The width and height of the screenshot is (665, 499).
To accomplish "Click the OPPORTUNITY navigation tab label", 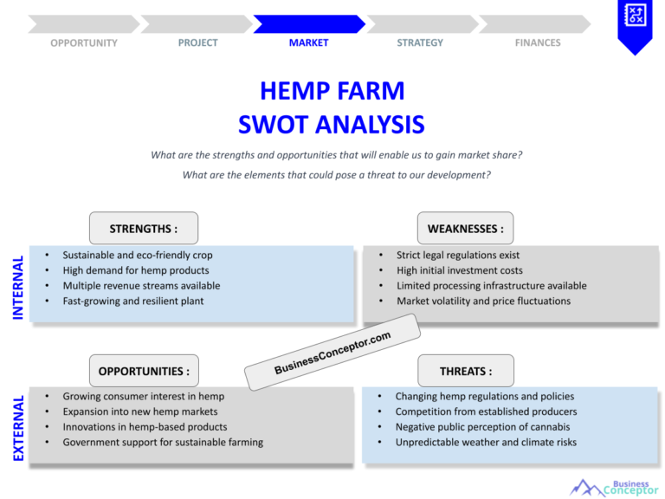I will (x=84, y=42).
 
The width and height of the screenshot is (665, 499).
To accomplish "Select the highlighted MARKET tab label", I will (x=308, y=42).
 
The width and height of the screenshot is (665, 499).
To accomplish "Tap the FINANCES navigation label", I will (x=538, y=42).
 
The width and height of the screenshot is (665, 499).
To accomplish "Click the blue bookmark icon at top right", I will (x=635, y=23).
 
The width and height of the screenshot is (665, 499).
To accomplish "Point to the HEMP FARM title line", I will (x=332, y=91).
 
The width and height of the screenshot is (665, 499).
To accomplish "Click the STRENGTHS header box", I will (x=144, y=229).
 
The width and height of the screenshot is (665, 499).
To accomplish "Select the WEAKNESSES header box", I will (x=465, y=229).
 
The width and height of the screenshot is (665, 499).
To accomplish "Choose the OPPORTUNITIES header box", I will (x=144, y=371).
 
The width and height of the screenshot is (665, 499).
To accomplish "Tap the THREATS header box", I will (x=465, y=371).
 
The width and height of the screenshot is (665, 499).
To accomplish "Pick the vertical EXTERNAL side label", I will (x=18, y=428).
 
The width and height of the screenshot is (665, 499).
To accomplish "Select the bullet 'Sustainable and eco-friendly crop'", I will (x=137, y=256).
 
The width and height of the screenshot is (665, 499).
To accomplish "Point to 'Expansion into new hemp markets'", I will (x=140, y=412).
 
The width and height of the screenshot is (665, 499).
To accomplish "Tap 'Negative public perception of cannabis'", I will (x=482, y=427).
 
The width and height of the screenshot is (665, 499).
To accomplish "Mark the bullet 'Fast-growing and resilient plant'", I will (x=133, y=301).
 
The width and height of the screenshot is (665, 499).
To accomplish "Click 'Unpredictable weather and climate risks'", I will (x=486, y=442).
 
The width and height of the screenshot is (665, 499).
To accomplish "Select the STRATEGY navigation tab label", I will (x=420, y=42).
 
